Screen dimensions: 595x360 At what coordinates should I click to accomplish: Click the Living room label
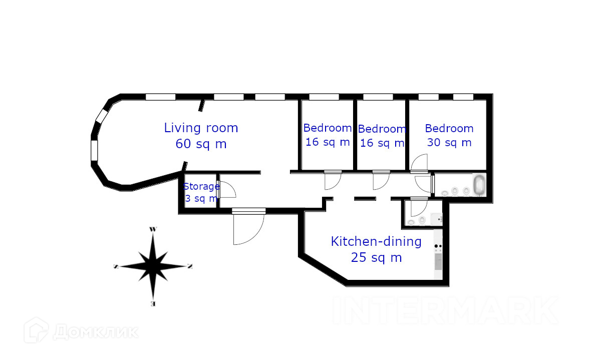point(201,128)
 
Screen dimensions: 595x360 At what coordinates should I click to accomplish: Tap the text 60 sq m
point(201,144)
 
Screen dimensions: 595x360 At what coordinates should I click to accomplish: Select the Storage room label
point(201,187)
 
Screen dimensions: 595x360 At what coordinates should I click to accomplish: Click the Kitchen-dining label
point(376,241)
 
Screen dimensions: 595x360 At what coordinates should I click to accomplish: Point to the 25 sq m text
point(376,257)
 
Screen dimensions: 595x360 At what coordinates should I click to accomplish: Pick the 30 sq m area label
point(449,142)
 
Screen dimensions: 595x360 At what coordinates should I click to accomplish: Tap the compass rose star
point(153,266)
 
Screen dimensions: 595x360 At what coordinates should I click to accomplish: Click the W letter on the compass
point(153,229)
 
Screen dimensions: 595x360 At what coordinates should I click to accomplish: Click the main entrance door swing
point(248,228)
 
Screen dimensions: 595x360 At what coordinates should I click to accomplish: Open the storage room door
point(226,189)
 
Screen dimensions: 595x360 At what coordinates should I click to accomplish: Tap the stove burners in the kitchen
point(438,246)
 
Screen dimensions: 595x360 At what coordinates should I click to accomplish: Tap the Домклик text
point(95,331)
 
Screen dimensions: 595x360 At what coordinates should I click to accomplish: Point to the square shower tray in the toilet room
point(436,219)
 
